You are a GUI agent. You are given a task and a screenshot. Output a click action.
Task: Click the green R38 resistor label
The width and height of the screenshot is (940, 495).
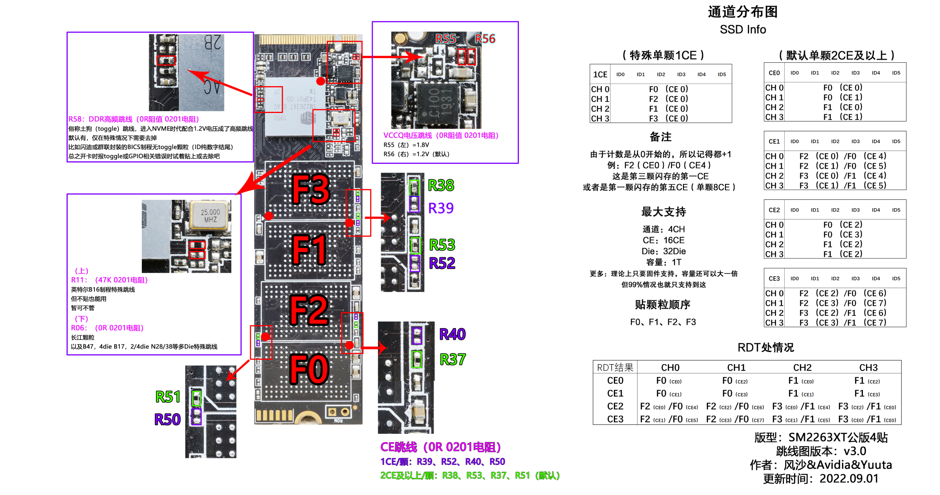coord(441,186)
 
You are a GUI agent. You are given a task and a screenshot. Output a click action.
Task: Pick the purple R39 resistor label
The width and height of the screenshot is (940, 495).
coord(441,208)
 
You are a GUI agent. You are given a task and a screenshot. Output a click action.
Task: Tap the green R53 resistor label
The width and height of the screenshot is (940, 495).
coord(442,245)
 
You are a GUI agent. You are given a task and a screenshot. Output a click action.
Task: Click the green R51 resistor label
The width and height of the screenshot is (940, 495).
coord(168,397)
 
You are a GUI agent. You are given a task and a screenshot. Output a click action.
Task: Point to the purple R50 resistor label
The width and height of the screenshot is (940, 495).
coord(167,419)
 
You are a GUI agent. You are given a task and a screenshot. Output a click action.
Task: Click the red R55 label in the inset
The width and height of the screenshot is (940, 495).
coord(446,38)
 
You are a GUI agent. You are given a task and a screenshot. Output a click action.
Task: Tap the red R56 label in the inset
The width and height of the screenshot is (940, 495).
coord(485,38)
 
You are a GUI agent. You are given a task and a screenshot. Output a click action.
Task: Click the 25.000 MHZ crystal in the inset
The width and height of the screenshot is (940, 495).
coord(210,216)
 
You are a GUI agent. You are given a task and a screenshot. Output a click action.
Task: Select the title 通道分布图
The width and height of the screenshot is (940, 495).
coord(742,12)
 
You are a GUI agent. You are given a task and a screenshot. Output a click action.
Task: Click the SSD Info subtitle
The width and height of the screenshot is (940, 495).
coord(742,30)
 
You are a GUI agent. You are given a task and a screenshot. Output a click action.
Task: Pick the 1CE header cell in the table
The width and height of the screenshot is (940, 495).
coord(600,75)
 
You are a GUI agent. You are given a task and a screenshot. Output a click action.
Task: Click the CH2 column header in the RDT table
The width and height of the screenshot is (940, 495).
coord(802,367)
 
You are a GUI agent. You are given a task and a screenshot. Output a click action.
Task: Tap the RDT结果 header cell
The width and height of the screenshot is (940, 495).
coord(615,367)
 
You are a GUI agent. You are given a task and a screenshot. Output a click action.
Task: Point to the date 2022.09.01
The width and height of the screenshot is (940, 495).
coord(849,479)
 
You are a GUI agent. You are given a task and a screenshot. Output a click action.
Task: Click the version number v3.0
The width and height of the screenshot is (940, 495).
coord(855,451)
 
